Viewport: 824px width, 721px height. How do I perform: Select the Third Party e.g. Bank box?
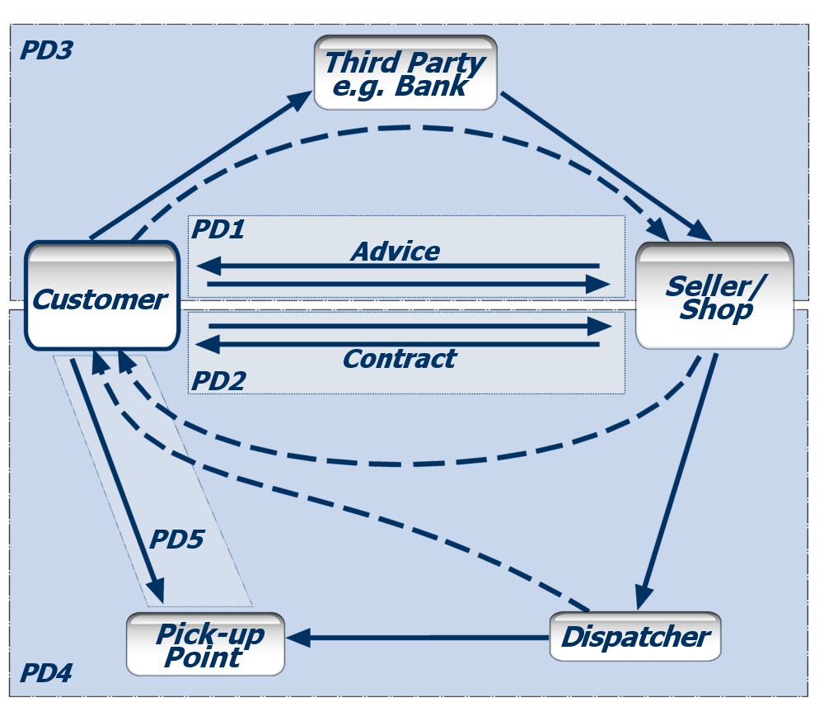[x=405, y=73]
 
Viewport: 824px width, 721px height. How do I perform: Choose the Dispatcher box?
[x=634, y=637]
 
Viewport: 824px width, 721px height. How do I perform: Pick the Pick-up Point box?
[x=205, y=644]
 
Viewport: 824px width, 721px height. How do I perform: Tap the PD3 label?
[x=46, y=50]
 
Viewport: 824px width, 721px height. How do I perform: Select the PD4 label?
[x=46, y=674]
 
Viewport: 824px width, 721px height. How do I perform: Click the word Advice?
[x=396, y=251]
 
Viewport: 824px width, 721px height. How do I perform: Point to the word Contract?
[x=399, y=359]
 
